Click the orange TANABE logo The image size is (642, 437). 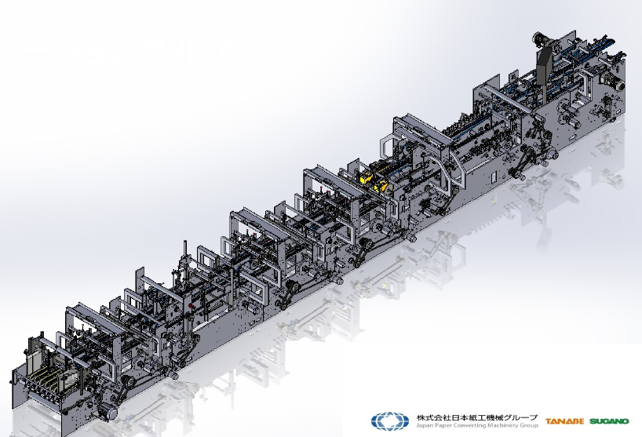click(x=564, y=421)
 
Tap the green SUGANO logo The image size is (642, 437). click(x=609, y=421)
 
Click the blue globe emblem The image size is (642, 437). click(x=390, y=421)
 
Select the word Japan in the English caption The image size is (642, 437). click(x=423, y=425)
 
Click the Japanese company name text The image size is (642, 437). click(x=476, y=417)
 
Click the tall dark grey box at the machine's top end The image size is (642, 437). click(x=544, y=66)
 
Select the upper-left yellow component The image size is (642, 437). click(x=364, y=177)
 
